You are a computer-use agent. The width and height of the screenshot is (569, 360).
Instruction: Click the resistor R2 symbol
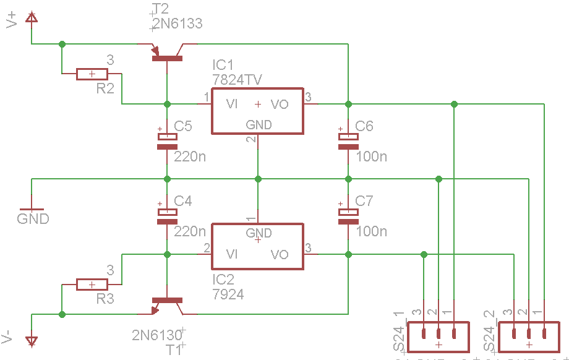point(92,74)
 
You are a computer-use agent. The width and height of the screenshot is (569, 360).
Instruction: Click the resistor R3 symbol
point(92,285)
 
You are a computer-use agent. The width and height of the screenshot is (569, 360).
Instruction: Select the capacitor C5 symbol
point(166,142)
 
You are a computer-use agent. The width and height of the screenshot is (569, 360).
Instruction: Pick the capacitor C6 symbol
point(348,142)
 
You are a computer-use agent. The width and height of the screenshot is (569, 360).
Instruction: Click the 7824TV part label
point(236,80)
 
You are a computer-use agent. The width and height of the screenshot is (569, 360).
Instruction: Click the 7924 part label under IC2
point(228,294)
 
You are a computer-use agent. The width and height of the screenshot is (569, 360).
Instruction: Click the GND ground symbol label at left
point(33,218)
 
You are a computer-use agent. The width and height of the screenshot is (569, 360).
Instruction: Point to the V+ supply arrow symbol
point(32,19)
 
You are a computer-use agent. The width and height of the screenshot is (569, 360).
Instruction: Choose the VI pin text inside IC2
point(233,254)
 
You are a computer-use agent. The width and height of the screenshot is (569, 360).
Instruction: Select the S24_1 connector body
point(439,335)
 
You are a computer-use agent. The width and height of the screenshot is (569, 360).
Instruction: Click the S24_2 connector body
point(529,335)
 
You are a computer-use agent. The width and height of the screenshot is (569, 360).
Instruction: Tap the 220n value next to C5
point(190,156)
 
